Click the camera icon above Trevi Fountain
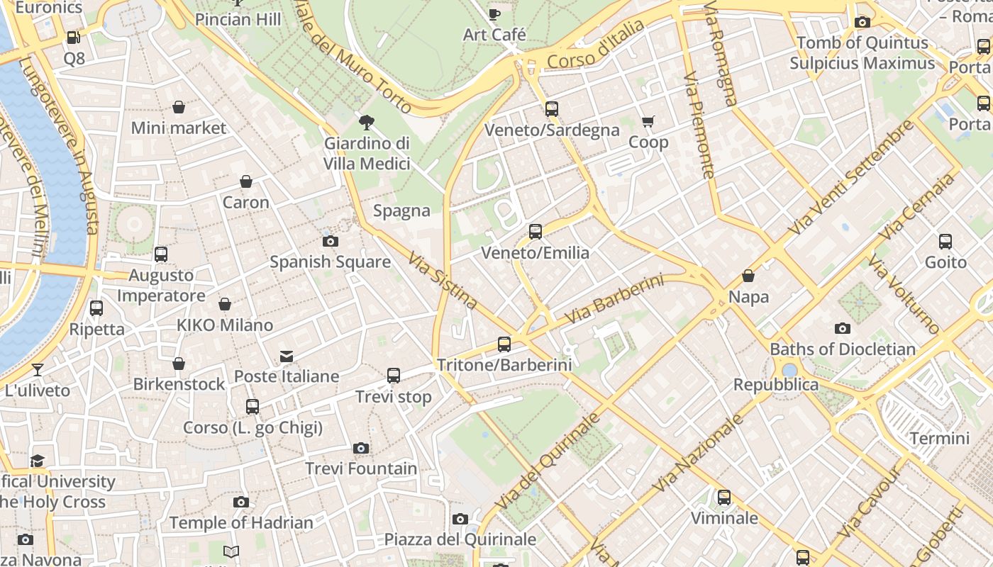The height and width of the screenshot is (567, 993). point(361,448)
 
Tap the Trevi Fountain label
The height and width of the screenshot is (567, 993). point(361,468)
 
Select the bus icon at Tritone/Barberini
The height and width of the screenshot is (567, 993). point(504,344)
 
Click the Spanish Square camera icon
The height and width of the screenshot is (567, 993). point(330,241)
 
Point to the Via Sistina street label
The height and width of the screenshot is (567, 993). point(443,280)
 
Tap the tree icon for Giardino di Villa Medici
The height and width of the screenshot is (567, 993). point(367,123)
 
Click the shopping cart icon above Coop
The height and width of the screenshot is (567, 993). point(648,122)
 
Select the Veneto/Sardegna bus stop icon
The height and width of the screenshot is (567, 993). point(552,109)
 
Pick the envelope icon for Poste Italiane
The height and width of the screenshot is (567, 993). point(287,356)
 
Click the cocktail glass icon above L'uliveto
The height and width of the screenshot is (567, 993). point(38,370)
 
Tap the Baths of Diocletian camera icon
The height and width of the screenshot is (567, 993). point(843,328)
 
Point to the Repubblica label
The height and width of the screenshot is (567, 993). point(776,385)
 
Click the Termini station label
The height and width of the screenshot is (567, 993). point(939,438)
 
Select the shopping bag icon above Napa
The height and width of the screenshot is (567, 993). point(748,276)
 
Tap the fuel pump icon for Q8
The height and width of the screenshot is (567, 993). point(74,38)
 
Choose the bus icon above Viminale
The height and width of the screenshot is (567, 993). point(724,498)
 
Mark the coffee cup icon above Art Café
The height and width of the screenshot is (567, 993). point(494,14)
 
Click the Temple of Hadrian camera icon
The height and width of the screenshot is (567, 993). point(241,503)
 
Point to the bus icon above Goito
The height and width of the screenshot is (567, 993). point(945,242)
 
